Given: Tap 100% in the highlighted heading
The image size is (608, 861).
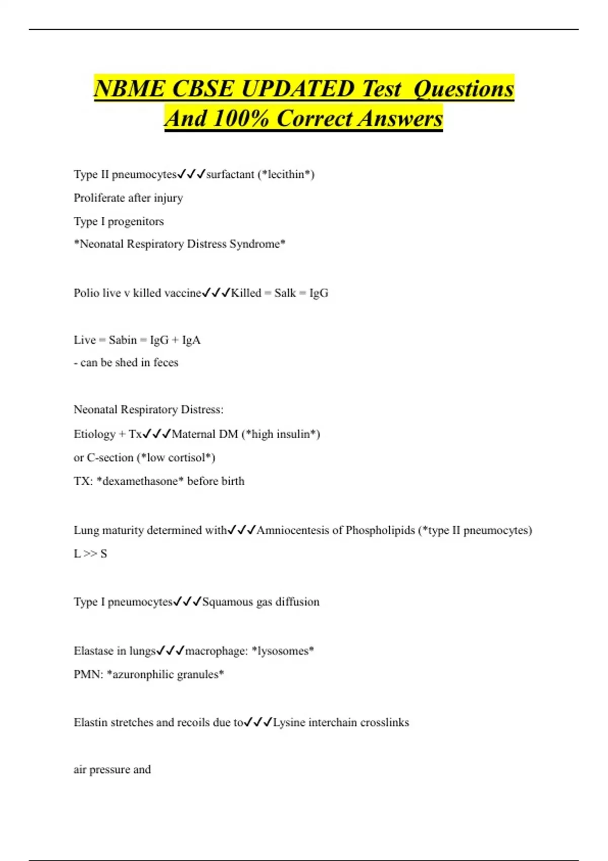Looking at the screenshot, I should pyautogui.click(x=241, y=119).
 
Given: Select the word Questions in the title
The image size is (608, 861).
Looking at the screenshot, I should pyautogui.click(x=464, y=89).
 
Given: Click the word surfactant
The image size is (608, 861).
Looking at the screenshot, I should pyautogui.click(x=230, y=174).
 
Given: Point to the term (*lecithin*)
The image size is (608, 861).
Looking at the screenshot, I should pyautogui.click(x=286, y=174).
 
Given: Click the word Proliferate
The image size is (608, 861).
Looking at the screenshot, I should pyautogui.click(x=98, y=198).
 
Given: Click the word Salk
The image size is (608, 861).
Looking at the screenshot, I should pyautogui.click(x=285, y=293).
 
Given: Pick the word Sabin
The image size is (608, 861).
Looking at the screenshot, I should pyautogui.click(x=123, y=340).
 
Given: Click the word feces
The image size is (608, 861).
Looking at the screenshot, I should pyautogui.click(x=166, y=363).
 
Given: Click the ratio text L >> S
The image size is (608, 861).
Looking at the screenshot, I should pyautogui.click(x=90, y=554).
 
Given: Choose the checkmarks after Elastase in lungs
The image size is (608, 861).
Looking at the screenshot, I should pyautogui.click(x=170, y=651).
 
